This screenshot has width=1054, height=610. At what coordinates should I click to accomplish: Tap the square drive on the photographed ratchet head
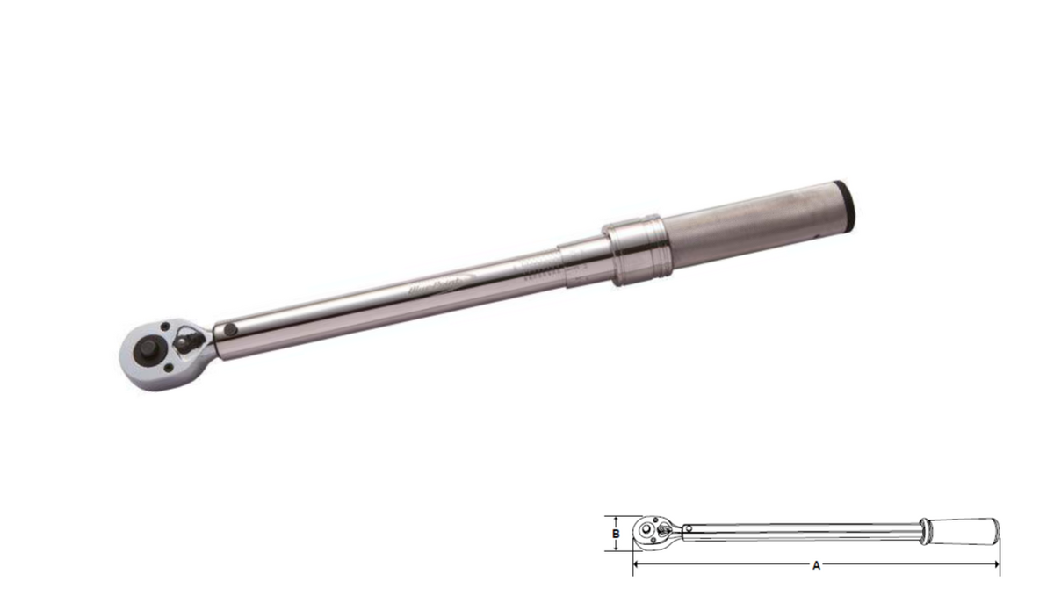pyautogui.click(x=144, y=348)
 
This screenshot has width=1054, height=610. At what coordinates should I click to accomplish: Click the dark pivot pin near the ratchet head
pyautogui.click(x=229, y=330)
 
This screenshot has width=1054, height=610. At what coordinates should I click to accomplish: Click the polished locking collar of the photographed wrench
pyautogui.click(x=638, y=248)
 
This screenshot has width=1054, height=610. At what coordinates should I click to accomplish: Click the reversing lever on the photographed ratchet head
pyautogui.click(x=187, y=340)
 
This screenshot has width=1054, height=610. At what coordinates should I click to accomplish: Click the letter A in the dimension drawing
pyautogui.click(x=816, y=566)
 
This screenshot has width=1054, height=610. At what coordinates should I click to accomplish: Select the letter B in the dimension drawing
pyautogui.click(x=617, y=533)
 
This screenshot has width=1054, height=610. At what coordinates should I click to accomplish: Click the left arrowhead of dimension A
pyautogui.click(x=636, y=565)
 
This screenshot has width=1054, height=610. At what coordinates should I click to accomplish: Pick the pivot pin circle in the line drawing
pyautogui.click(x=689, y=529)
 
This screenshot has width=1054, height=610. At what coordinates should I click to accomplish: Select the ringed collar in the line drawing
pyautogui.click(x=924, y=531)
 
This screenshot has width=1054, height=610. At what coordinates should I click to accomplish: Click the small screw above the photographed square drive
pyautogui.click(x=165, y=328)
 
